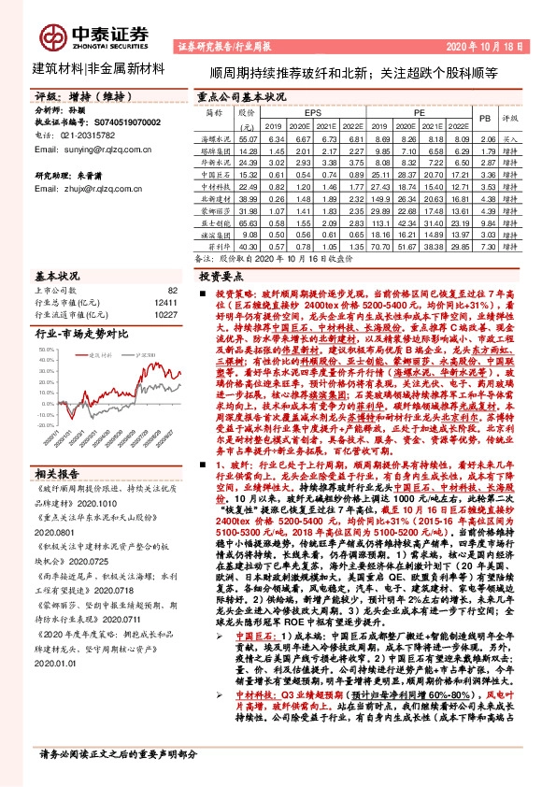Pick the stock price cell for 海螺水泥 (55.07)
pyautogui.click(x=247, y=138)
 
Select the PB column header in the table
pyautogui.click(x=485, y=119)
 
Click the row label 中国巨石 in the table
pyautogui.click(x=217, y=174)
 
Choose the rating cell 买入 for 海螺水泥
pyautogui.click(x=510, y=138)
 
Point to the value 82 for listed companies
pyautogui.click(x=172, y=292)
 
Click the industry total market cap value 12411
pyautogui.click(x=165, y=304)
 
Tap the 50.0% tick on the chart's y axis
pyautogui.click(x=48, y=348)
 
